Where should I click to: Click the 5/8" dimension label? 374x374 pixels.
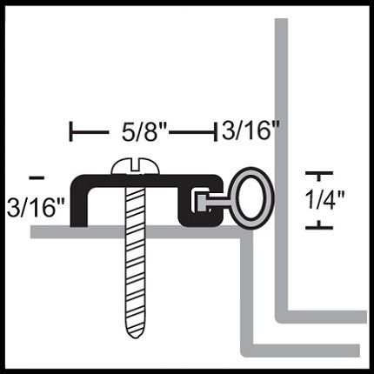click(x=144, y=133)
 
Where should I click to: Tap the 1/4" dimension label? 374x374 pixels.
click(x=325, y=200)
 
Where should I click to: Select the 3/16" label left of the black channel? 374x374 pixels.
click(x=36, y=207)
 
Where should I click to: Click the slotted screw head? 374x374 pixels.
click(x=136, y=167)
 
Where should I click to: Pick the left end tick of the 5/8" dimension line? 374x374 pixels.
click(x=71, y=132)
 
